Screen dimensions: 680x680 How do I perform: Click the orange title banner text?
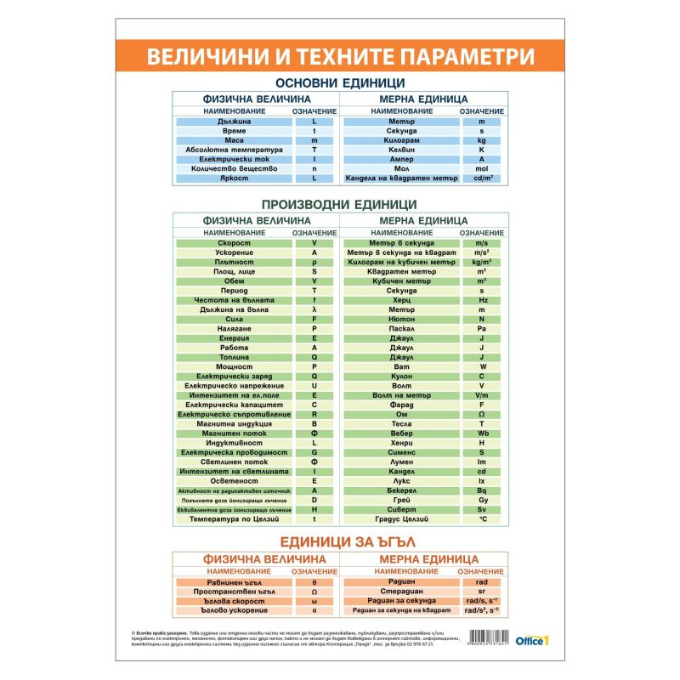340,57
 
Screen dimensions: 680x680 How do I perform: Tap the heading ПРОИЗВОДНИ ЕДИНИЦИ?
338,204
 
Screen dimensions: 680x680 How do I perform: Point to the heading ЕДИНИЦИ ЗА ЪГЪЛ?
339,541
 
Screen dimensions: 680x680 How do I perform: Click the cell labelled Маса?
233,140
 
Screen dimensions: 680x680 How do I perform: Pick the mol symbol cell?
481,169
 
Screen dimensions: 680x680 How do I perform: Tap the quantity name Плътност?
233,263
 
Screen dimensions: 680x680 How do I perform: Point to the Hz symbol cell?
481,300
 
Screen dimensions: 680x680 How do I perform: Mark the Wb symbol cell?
481,433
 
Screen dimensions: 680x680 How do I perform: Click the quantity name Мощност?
233,366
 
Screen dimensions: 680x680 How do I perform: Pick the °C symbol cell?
481,518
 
